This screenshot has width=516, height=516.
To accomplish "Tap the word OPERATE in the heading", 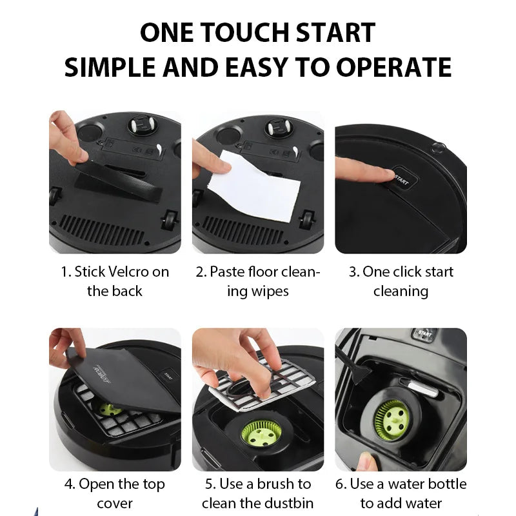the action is click(x=393, y=67).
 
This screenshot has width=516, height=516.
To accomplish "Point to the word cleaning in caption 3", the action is click(x=401, y=292).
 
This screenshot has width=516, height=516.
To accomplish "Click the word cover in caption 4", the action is click(x=115, y=504).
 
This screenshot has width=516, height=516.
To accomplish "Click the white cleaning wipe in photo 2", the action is click(x=254, y=186).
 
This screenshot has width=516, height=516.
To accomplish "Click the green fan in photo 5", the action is click(x=262, y=433).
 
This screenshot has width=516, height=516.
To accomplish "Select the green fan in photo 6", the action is click(x=392, y=420).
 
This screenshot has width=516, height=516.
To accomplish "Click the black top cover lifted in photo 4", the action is click(x=123, y=379).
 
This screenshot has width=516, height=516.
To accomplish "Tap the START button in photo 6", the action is click(x=424, y=334).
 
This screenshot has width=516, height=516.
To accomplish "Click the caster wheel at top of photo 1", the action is click(x=143, y=126).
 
